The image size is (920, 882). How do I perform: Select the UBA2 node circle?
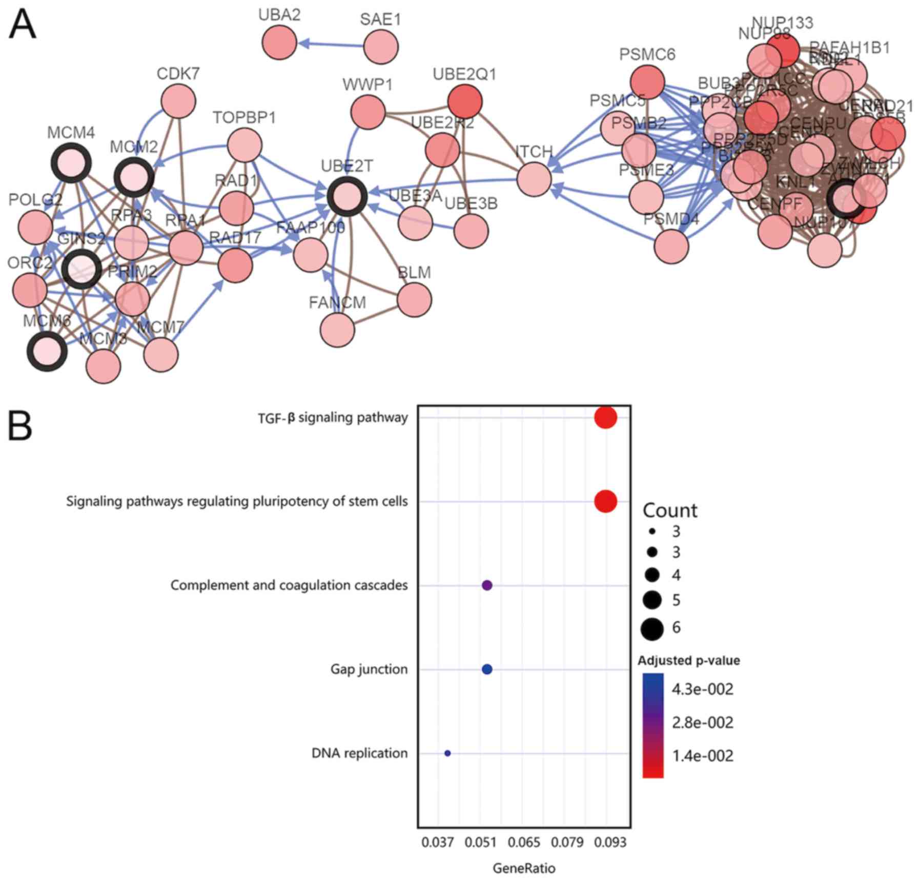point(279,42)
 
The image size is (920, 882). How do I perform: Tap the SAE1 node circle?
point(381,47)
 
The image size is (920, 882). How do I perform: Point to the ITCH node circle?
point(534,179)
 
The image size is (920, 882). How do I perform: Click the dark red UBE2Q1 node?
point(465,101)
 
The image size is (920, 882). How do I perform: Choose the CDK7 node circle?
point(178,101)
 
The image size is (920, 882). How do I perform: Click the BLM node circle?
point(414,300)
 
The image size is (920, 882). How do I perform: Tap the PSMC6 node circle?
point(647,82)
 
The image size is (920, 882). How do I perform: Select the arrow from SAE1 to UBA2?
point(330,45)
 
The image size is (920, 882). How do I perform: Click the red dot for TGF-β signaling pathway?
point(605,417)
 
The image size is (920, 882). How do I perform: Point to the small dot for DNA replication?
point(447,753)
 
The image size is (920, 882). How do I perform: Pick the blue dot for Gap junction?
point(487,669)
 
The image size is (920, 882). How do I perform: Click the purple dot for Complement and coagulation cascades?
point(487,585)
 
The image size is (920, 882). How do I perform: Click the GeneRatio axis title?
point(524,868)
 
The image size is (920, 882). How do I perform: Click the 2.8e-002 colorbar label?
point(703,723)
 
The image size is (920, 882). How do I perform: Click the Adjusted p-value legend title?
point(688,661)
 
